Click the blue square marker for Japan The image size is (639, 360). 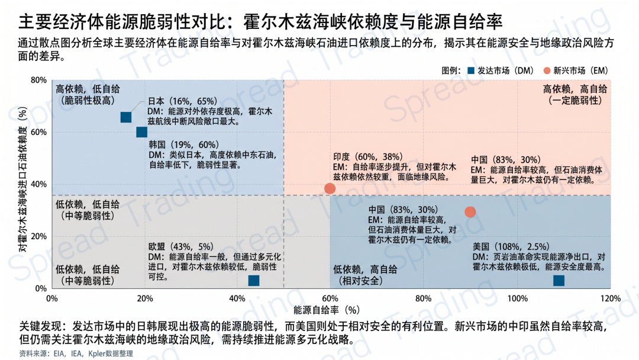point(125,117)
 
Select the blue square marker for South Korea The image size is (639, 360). point(141,132)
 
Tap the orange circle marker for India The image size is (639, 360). point(330,189)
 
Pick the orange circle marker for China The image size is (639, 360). point(470,212)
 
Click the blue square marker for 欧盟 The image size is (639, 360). point(254,281)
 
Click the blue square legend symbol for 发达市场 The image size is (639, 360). point(470,70)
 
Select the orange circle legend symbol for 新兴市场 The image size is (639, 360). point(547,70)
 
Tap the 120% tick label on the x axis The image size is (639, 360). point(610,298)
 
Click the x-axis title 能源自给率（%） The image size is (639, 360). point(327,309)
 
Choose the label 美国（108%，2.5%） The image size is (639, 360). point(512,246)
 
